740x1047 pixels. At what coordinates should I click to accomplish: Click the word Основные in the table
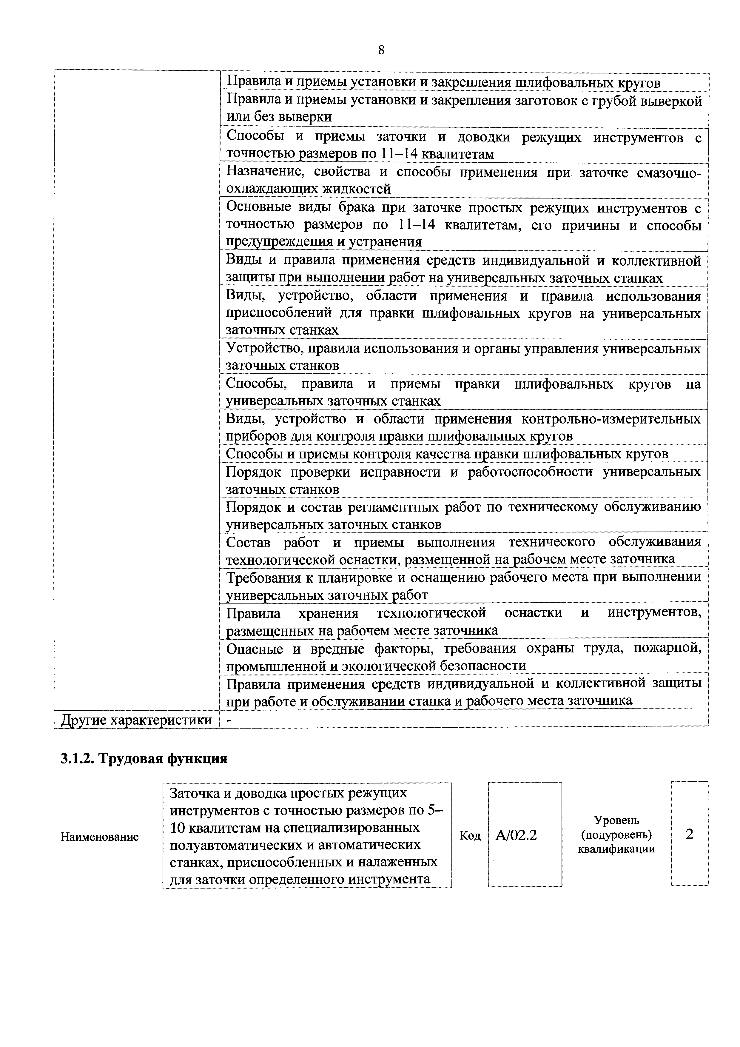tap(256, 207)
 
